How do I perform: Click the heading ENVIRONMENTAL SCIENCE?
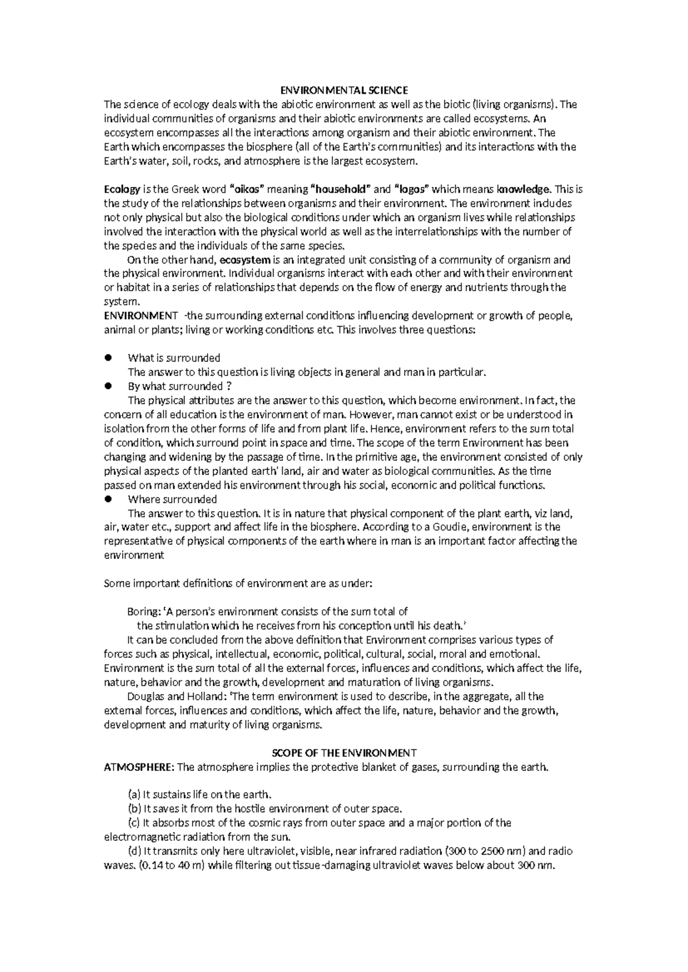point(343,90)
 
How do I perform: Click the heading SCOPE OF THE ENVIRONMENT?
point(343,752)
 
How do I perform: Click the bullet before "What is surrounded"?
point(107,358)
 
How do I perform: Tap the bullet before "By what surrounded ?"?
point(107,386)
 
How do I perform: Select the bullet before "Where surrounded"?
point(107,499)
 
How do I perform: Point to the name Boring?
point(144,612)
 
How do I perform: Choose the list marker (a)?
point(134,794)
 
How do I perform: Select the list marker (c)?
point(134,823)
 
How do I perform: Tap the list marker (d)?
point(134,851)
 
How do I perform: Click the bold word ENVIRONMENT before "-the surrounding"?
point(140,315)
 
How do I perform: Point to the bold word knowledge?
point(523,189)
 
